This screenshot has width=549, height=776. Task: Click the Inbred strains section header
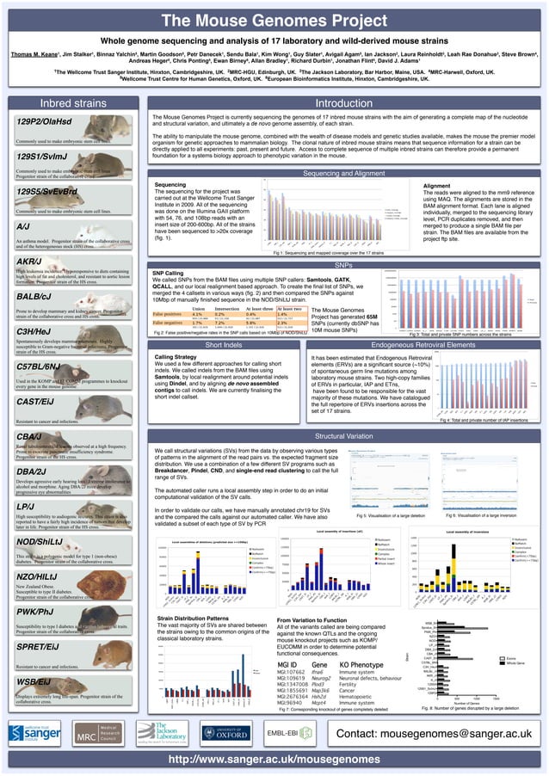(x=69, y=103)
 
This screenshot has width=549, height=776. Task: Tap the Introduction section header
(x=342, y=103)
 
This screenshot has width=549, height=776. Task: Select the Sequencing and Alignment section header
(x=343, y=174)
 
